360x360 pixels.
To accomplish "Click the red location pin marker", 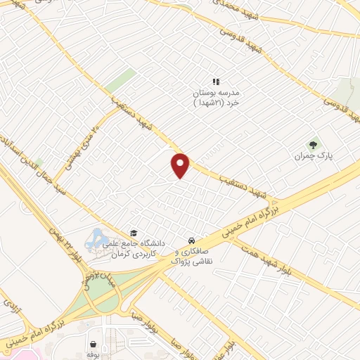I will click(181, 165).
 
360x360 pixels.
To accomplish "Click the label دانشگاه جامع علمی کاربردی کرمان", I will click(139, 247).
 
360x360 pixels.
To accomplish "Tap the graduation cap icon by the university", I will click(133, 233).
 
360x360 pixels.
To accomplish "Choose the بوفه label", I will click(93, 356).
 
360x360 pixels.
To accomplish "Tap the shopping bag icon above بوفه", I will click(93, 344).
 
